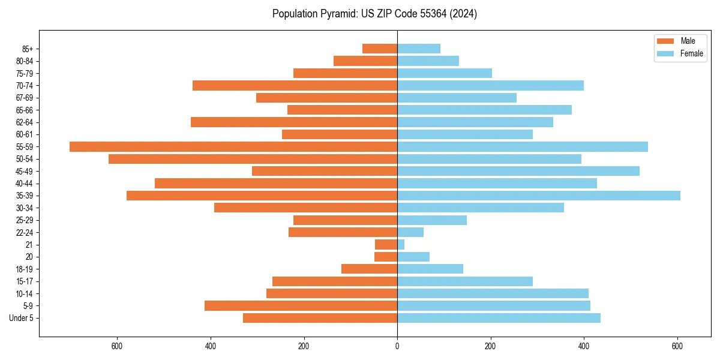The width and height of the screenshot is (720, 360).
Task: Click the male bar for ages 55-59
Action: pyautogui.click(x=233, y=146)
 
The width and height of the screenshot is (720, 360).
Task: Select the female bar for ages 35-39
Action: pyautogui.click(x=538, y=196)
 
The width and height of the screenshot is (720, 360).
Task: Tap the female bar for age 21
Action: pyautogui.click(x=401, y=244)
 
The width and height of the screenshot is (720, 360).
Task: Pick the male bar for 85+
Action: pyautogui.click(x=380, y=49)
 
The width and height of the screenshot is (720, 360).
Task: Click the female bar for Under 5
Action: pyautogui.click(x=499, y=318)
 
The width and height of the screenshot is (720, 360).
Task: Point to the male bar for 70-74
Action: pyautogui.click(x=295, y=86)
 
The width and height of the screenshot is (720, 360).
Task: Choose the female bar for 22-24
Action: pyautogui.click(x=410, y=232)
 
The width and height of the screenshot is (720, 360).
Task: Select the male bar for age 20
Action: pyautogui.click(x=386, y=257)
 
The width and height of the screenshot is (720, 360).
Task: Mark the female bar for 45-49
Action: pyautogui.click(x=518, y=171)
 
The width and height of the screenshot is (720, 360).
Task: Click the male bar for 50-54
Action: pyautogui.click(x=253, y=159)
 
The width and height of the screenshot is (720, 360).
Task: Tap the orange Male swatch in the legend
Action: pyautogui.click(x=665, y=41)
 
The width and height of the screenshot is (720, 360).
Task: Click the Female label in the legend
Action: pyautogui.click(x=691, y=53)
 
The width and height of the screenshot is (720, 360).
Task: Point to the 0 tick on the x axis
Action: pyautogui.click(x=397, y=346)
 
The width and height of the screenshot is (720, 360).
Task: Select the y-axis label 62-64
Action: pyautogui.click(x=24, y=122)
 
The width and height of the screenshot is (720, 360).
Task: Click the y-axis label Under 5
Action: pyautogui.click(x=21, y=318)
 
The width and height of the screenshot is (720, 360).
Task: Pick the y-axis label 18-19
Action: pyautogui.click(x=24, y=269)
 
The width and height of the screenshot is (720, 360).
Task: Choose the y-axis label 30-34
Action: pyautogui.click(x=24, y=208)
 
